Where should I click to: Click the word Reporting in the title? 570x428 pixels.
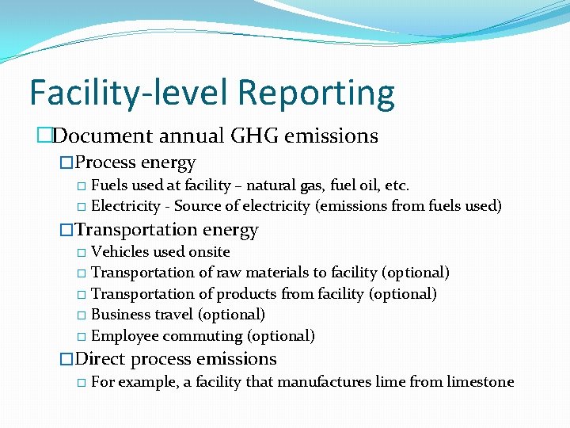click(x=315, y=93)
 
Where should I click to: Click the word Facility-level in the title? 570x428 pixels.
click(x=130, y=93)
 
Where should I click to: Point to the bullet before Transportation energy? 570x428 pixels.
click(x=66, y=231)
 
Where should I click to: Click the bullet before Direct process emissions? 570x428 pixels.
click(x=66, y=360)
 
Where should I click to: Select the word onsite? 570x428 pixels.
click(x=209, y=252)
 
